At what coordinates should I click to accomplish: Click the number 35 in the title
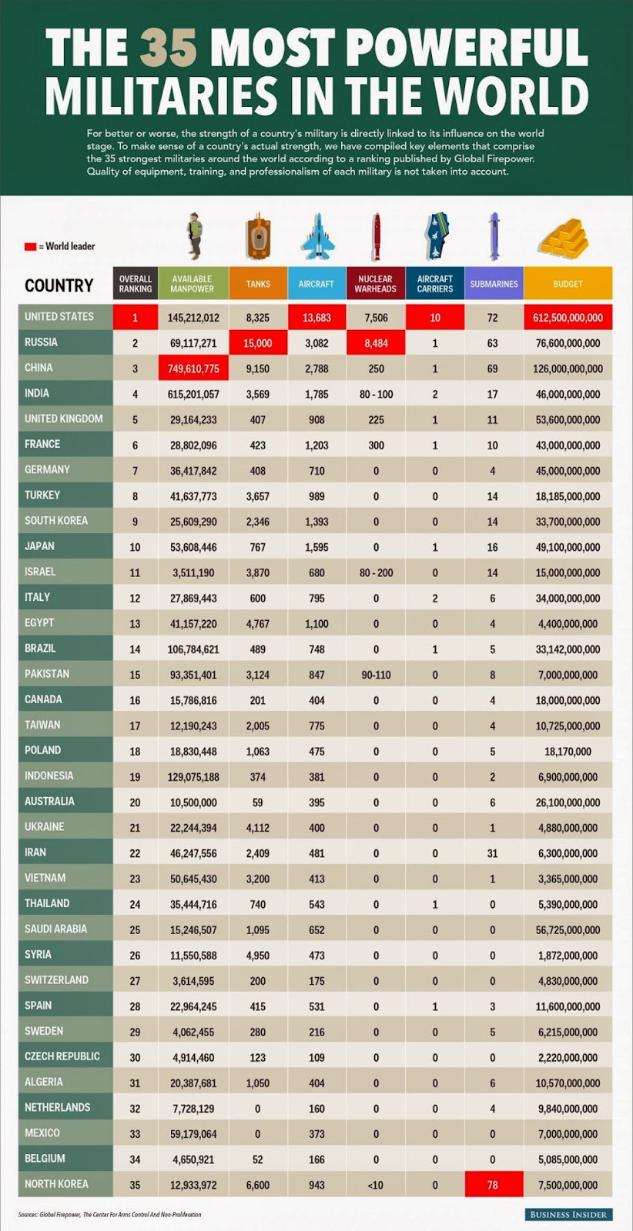click(x=168, y=48)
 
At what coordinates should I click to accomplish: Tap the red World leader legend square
click(x=30, y=246)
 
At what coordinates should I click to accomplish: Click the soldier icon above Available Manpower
click(x=196, y=235)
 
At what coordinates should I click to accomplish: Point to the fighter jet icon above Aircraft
click(x=316, y=236)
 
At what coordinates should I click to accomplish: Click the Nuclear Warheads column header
click(x=376, y=284)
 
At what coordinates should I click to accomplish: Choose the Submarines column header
click(x=494, y=284)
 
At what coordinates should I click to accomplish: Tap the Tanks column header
click(x=258, y=284)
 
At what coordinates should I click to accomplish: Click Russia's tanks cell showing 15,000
click(x=258, y=343)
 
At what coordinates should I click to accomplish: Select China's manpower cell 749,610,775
click(x=193, y=369)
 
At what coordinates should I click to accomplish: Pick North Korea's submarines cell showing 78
click(x=493, y=1185)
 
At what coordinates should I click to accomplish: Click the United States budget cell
click(x=568, y=317)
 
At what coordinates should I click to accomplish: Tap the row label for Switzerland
click(x=56, y=980)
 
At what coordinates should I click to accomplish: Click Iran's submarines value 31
click(x=493, y=853)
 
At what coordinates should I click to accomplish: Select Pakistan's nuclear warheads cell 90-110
click(x=376, y=675)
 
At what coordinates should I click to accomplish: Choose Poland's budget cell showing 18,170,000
click(x=568, y=751)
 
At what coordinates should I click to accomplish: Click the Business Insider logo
click(x=569, y=1214)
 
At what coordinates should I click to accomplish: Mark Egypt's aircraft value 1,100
click(x=316, y=624)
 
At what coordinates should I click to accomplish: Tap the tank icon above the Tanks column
click(x=258, y=237)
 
